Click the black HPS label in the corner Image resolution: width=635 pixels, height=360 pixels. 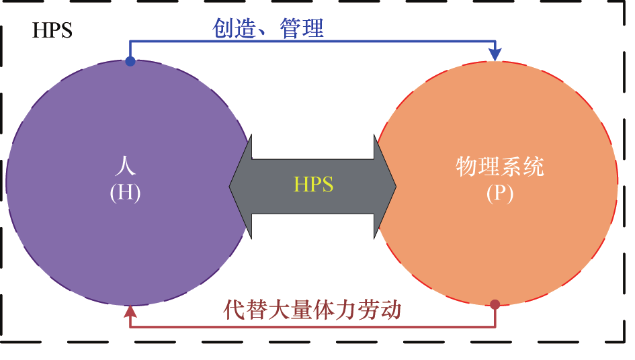click(x=52, y=31)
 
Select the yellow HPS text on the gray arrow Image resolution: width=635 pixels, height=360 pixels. click(x=314, y=185)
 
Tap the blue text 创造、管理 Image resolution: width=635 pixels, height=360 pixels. click(x=268, y=28)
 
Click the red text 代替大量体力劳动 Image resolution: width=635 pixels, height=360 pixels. click(x=312, y=310)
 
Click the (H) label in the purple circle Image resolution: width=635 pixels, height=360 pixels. click(x=125, y=192)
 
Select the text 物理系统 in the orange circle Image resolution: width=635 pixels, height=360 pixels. click(x=500, y=166)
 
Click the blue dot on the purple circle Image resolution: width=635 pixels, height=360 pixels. click(x=130, y=62)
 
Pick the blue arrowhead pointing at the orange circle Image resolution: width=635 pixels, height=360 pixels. click(x=496, y=54)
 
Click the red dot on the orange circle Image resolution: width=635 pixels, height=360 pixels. click(x=495, y=304)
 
